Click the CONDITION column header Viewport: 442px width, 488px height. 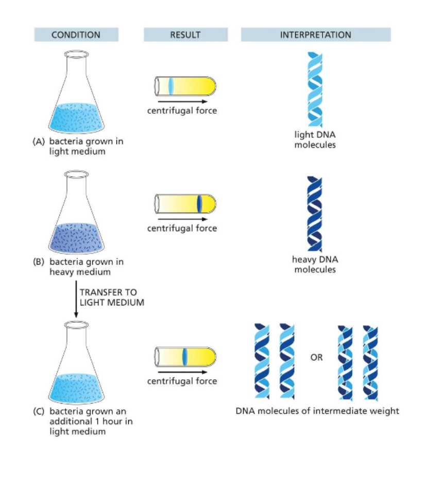76,35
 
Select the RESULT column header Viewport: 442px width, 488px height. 185,35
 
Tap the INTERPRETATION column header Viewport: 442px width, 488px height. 315,35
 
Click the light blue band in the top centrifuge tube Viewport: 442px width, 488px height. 171,85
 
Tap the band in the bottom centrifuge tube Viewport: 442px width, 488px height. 184,357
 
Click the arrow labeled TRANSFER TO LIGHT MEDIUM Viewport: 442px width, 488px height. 76,299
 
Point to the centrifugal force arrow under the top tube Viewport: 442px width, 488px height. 182,101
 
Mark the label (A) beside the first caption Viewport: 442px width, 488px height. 38,141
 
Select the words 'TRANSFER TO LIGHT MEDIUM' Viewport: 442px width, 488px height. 111,298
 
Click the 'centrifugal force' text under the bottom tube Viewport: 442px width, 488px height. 182,381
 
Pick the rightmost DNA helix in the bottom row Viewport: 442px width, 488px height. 370,363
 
